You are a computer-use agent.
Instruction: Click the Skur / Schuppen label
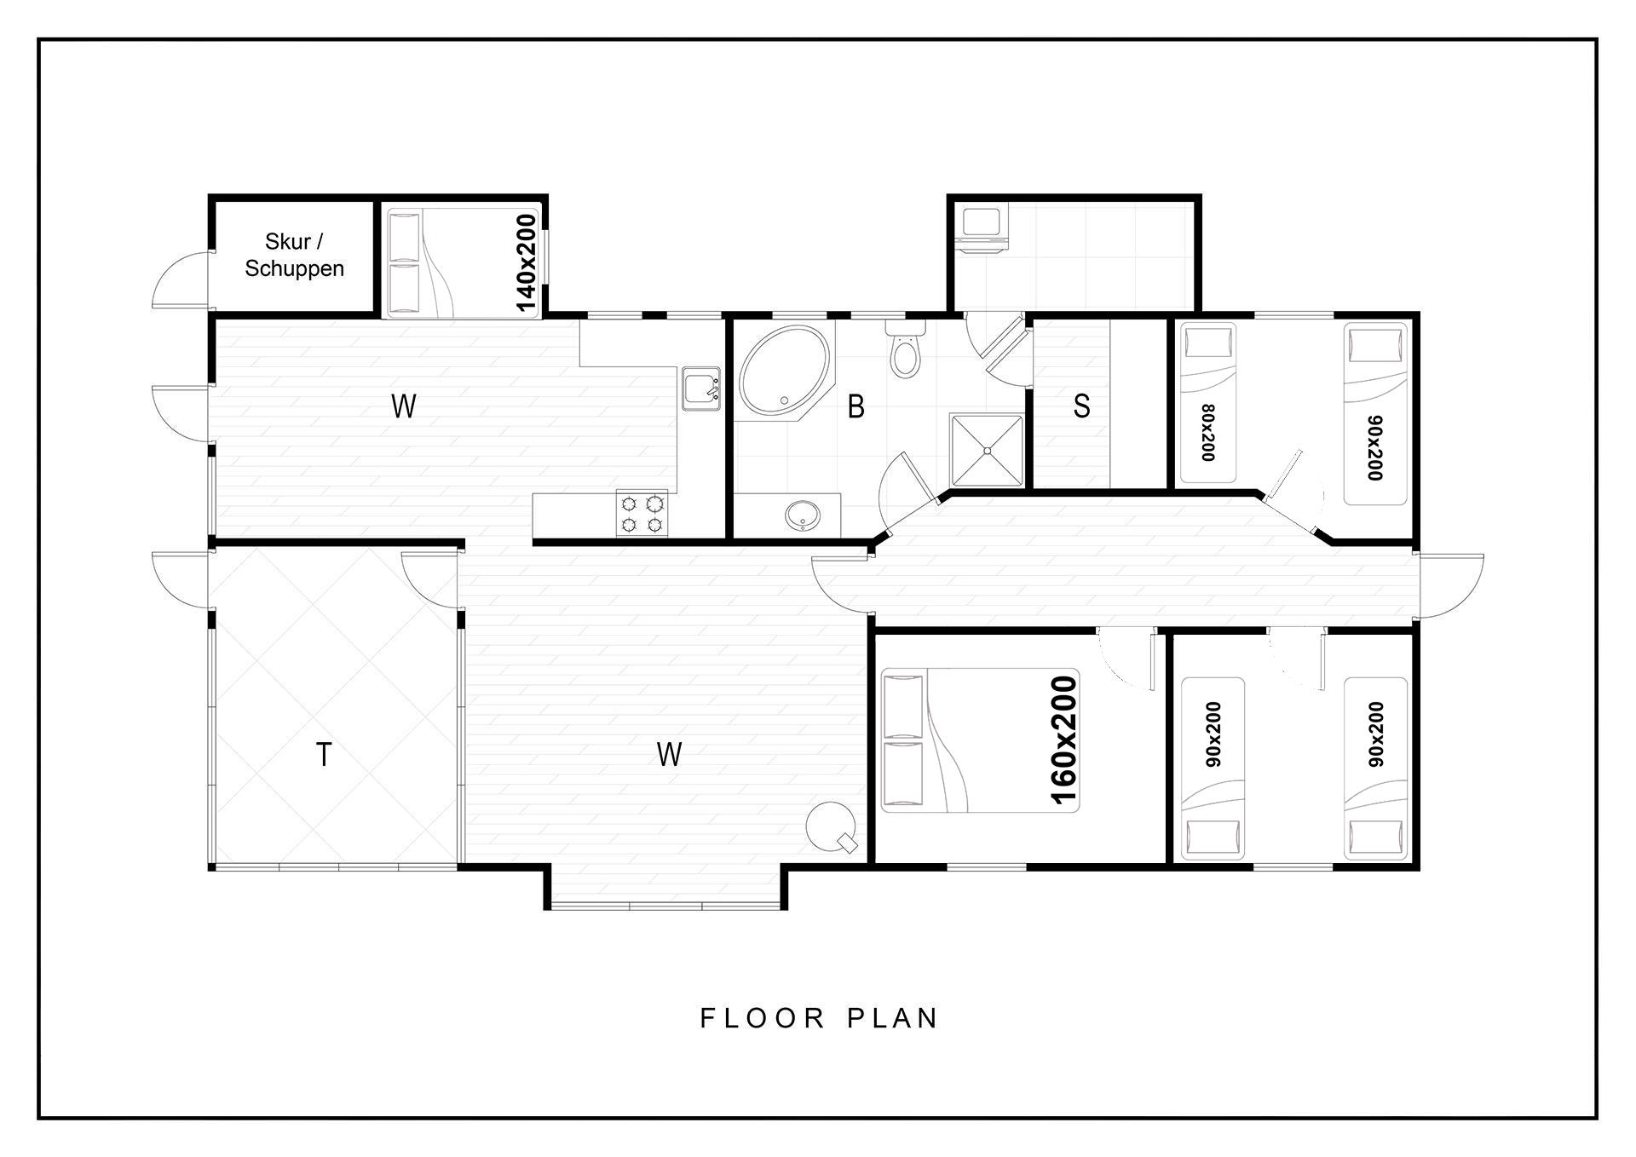[294, 255]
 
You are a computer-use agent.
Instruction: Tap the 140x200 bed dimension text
[527, 262]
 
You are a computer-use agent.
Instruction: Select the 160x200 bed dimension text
[1064, 740]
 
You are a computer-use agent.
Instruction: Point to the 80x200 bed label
[1207, 433]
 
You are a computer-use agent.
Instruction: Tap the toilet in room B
[905, 349]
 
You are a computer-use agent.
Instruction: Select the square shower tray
[987, 450]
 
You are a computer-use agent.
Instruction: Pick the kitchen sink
[701, 389]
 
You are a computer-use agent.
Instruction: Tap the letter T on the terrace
[324, 754]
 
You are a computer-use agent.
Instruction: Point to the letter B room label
[856, 406]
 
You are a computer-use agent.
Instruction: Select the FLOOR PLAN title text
[819, 1018]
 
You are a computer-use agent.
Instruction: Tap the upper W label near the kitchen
[404, 406]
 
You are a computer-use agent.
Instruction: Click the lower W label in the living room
[670, 754]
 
